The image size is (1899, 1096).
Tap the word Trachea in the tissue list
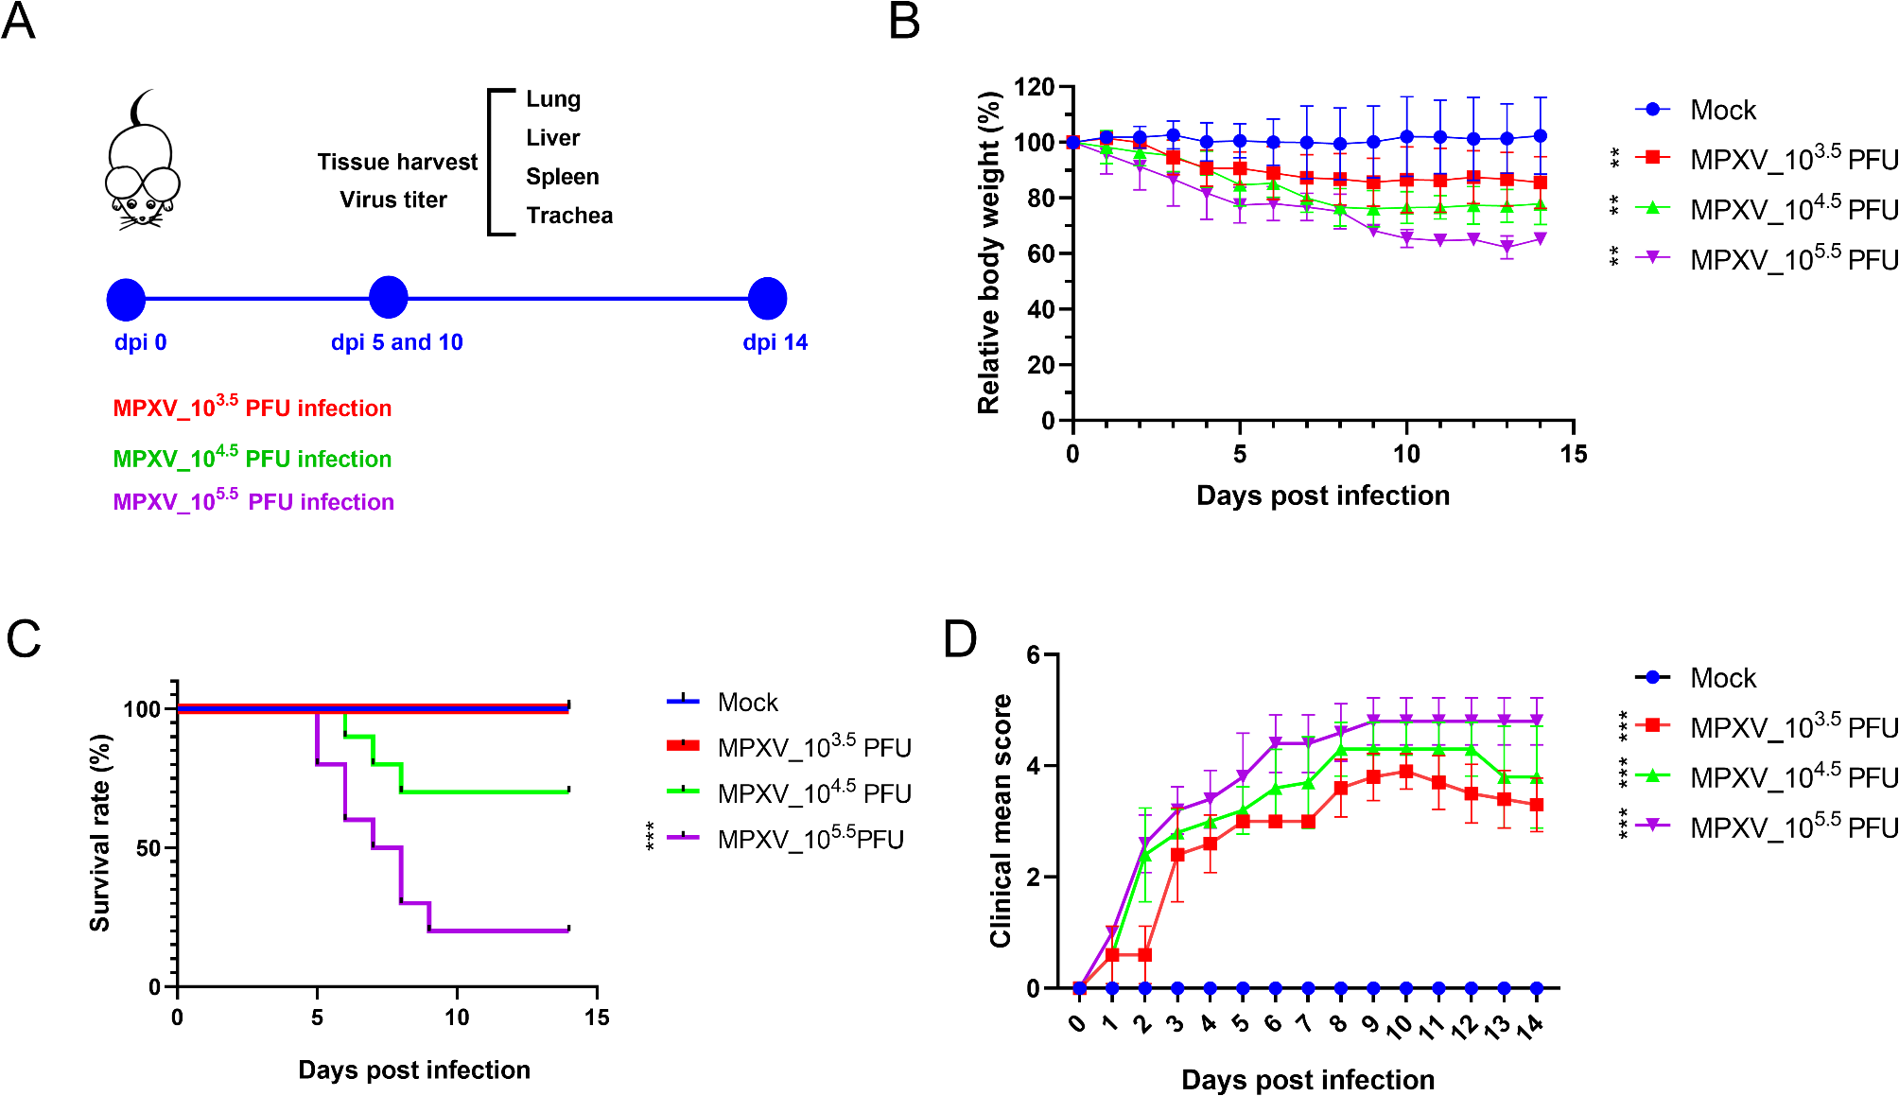[x=569, y=216]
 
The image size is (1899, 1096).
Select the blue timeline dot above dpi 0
[x=126, y=299]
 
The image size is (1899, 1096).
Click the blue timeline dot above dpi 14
[x=767, y=299]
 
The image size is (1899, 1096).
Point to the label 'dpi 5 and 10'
[x=397, y=342]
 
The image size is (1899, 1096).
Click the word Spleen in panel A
[x=563, y=177]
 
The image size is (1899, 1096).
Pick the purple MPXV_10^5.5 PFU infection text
[x=253, y=501]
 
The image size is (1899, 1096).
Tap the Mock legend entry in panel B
[x=1722, y=111]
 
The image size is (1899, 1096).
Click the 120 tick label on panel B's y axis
[x=1034, y=88]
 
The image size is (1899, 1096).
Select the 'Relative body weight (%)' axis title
[x=989, y=252]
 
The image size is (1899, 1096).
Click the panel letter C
[x=24, y=639]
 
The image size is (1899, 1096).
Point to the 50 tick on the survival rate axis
[x=148, y=848]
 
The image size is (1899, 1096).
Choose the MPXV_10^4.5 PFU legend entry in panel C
[x=813, y=792]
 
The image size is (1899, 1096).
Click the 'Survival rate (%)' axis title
[x=100, y=832]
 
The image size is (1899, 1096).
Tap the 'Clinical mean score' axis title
[x=1001, y=821]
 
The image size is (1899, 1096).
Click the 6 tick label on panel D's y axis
[x=1034, y=655]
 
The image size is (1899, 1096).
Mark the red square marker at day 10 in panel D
[x=1406, y=772]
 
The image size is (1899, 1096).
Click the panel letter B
[x=905, y=21]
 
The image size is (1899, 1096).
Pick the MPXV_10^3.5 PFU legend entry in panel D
[x=1793, y=727]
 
